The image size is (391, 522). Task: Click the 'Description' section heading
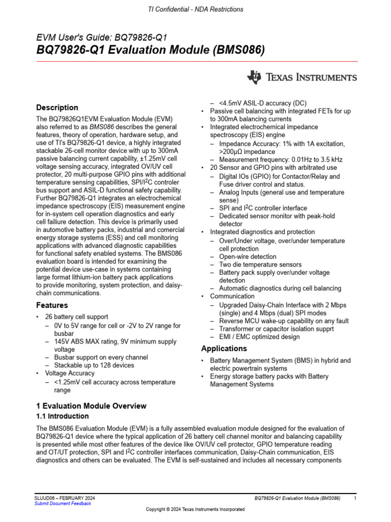pos(57,108)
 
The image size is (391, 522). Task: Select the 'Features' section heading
pos(52,305)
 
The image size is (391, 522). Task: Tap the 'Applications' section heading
pos(224,349)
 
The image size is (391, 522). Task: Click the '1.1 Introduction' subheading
pos(63,416)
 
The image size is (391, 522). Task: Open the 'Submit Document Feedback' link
pos(63,504)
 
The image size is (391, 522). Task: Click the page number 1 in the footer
pos(355,498)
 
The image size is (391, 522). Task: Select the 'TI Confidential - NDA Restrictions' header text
pos(195,9)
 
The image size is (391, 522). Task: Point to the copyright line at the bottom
pos(195,509)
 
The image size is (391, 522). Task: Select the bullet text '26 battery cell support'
pos(76,317)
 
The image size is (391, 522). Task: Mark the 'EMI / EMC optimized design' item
pos(259,337)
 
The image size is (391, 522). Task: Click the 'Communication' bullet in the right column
pos(232,296)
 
